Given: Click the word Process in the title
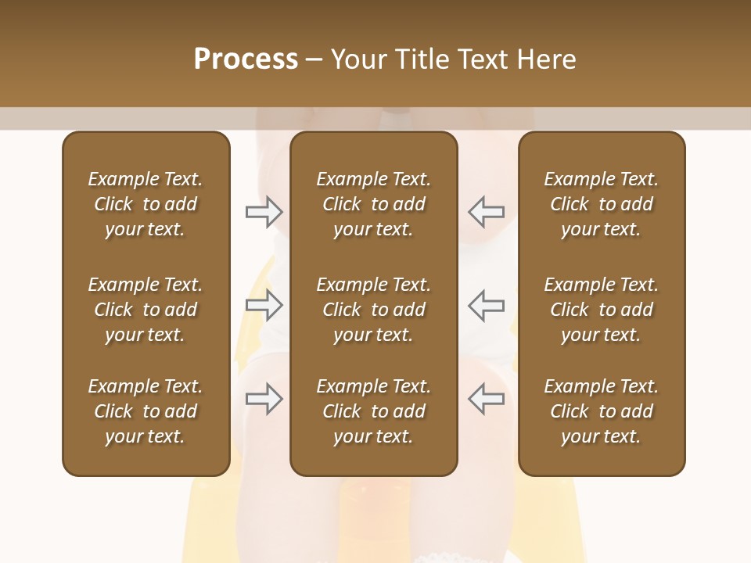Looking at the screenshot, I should tap(246, 59).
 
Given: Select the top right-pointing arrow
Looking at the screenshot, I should tap(264, 212).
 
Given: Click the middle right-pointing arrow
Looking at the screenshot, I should tap(264, 305).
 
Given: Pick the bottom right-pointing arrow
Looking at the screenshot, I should tap(264, 399).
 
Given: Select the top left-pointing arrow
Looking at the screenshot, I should tap(487, 212).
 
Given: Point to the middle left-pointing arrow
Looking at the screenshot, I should tap(487, 305).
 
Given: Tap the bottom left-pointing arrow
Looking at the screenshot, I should tap(487, 399).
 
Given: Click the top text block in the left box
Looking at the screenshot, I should tap(146, 204).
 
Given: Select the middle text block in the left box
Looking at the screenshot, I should tap(146, 310).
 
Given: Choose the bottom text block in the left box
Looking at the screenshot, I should tap(146, 411).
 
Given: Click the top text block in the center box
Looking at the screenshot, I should tap(373, 204).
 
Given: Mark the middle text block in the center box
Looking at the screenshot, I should tap(373, 310).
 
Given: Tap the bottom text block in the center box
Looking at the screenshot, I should tap(373, 411).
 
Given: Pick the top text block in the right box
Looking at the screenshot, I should tap(601, 204).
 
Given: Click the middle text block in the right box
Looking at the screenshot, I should tap(601, 310).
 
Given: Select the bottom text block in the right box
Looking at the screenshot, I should tap(601, 411).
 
